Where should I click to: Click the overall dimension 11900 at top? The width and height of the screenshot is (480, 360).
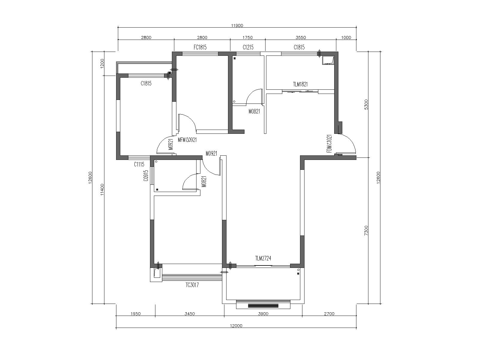237,25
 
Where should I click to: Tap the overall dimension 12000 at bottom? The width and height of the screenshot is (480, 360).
236,326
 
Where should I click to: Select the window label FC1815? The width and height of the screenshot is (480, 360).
200,47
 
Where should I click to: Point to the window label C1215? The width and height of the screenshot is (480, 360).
248,47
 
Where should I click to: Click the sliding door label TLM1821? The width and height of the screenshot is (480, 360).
300,84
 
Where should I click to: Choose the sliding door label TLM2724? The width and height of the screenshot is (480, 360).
263,258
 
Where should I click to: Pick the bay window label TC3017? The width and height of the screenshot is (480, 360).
192,285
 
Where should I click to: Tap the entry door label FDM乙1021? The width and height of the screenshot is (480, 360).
329,143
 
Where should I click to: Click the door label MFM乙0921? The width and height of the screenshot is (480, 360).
187,140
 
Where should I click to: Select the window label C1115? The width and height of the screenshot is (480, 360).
139,164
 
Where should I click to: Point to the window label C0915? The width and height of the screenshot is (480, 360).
146,176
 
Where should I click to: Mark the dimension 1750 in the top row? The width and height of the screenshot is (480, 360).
247,37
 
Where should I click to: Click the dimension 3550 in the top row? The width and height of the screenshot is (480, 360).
301,37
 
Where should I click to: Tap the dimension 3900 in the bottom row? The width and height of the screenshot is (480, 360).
263,314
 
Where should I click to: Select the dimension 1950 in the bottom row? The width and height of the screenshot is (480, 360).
136,314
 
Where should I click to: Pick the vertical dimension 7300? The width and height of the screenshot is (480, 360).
367,231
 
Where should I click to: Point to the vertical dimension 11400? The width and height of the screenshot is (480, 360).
102,190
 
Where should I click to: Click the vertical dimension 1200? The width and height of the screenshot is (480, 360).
102,64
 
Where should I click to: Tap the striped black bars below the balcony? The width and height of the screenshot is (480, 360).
263,306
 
